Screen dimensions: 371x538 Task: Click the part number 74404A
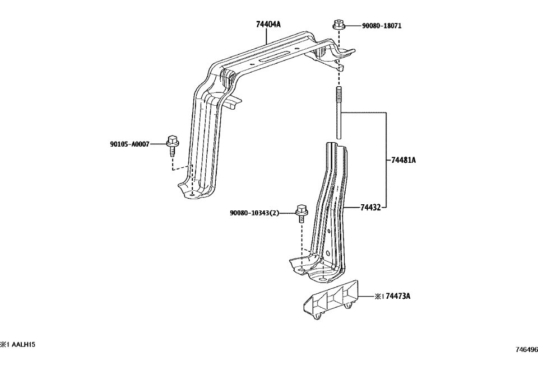268,24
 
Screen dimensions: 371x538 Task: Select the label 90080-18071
381,26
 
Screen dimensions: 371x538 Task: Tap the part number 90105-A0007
129,144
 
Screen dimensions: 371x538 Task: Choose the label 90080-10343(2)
254,213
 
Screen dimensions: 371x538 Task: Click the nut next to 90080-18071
338,25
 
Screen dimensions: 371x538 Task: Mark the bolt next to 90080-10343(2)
301,212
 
